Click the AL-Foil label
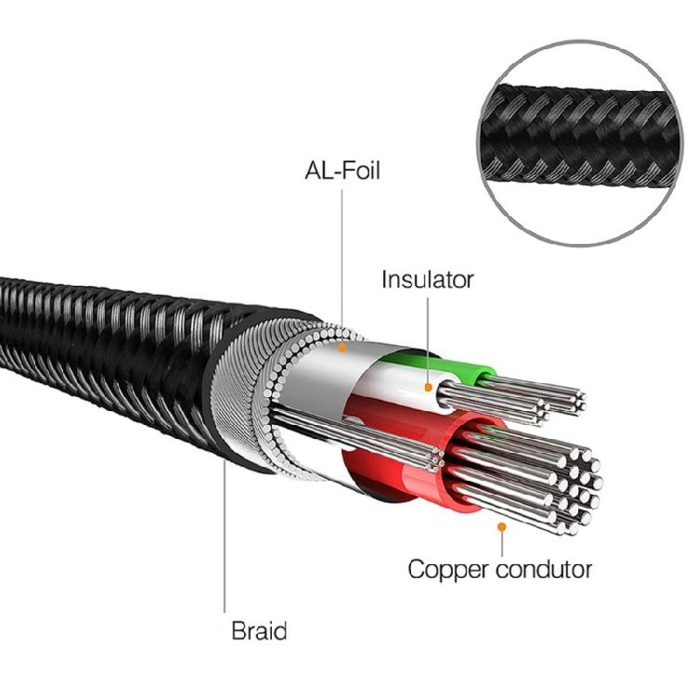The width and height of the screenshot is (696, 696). pyautogui.click(x=342, y=171)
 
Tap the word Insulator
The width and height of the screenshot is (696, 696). pyautogui.click(x=428, y=278)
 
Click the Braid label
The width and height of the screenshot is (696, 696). pyautogui.click(x=259, y=632)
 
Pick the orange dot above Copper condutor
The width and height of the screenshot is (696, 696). pyautogui.click(x=501, y=526)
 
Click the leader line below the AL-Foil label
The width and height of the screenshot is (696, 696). pyautogui.click(x=342, y=260)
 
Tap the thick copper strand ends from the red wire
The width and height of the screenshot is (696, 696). pyautogui.click(x=571, y=487)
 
